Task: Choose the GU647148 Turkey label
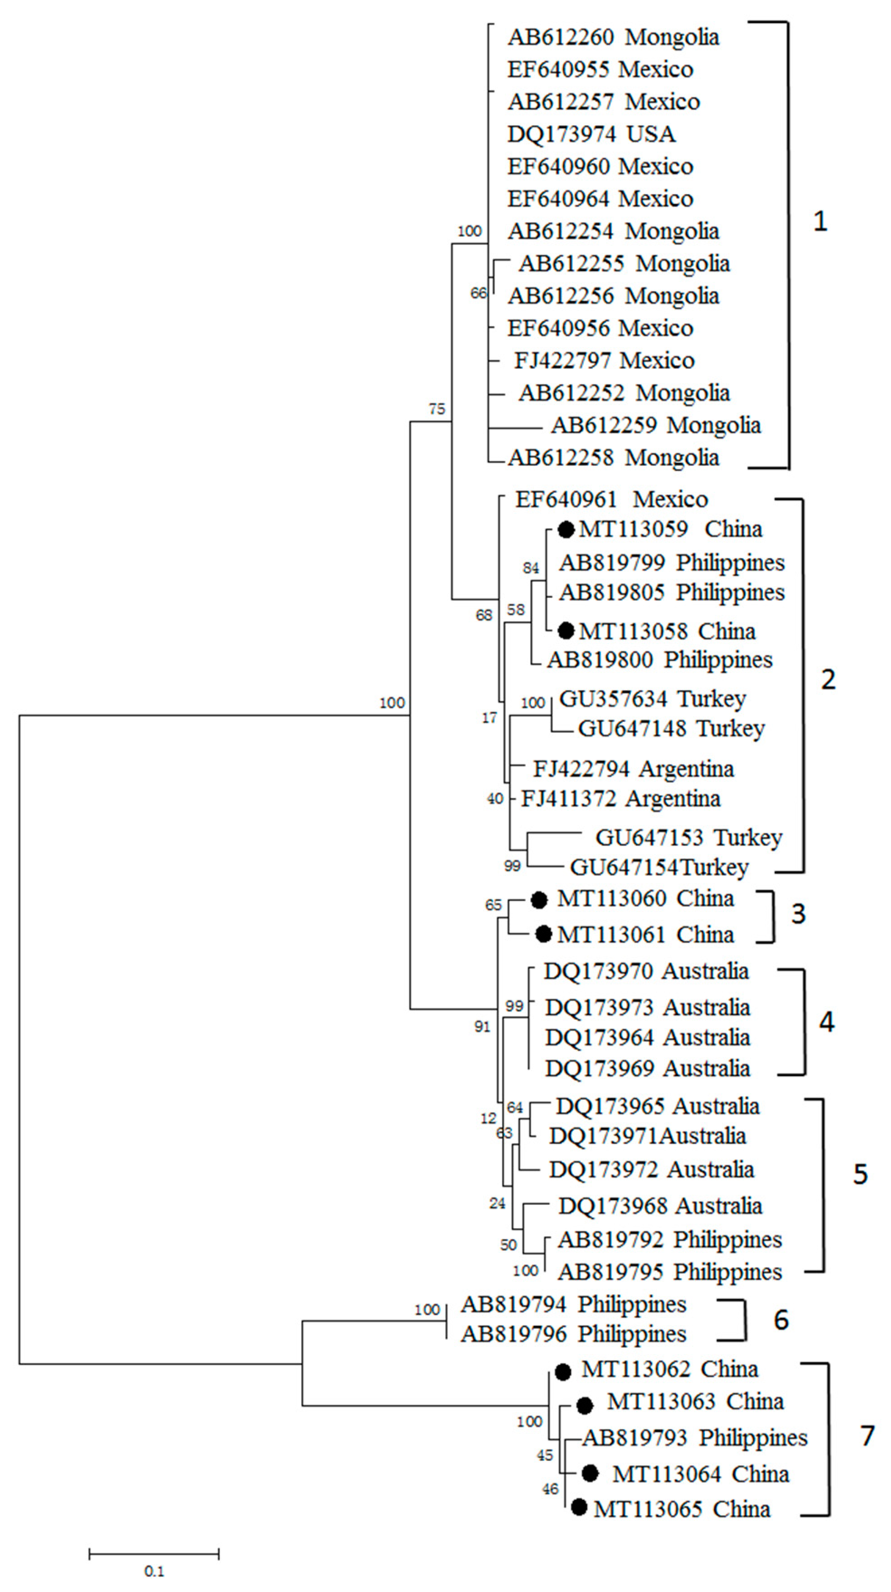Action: point(671,729)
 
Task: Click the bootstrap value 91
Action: point(482,1026)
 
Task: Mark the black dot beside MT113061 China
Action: point(543,934)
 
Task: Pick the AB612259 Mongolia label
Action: point(656,425)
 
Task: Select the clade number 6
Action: point(781,1319)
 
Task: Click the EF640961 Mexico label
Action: point(611,499)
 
